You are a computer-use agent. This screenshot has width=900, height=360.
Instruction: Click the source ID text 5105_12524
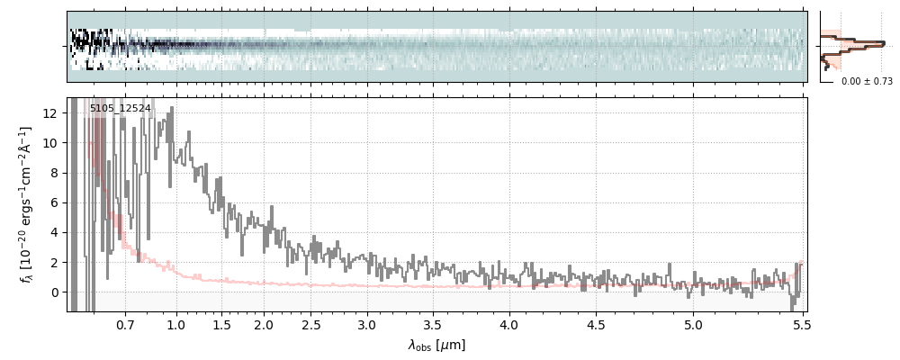click(x=120, y=109)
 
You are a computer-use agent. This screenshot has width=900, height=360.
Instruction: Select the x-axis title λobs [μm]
click(x=436, y=345)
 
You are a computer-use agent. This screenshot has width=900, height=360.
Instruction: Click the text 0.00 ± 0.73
click(x=867, y=81)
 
